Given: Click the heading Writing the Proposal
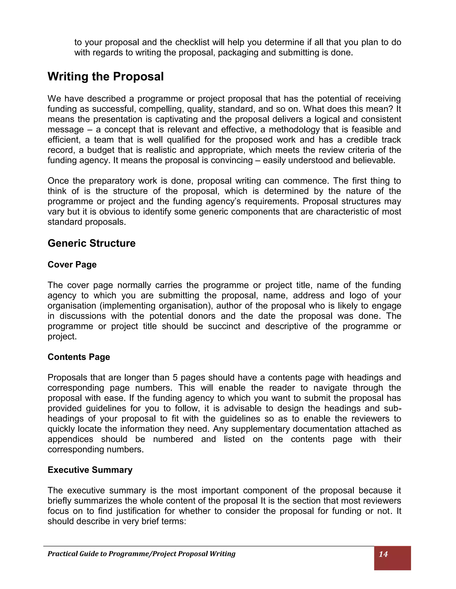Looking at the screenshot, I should pyautogui.click(x=106, y=77).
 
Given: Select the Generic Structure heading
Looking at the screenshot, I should pyautogui.click(x=92, y=243).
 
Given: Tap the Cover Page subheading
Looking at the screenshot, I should pyautogui.click(x=72, y=264).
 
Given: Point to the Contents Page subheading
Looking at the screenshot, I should pyautogui.click(x=79, y=357).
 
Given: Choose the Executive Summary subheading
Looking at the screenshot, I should pyautogui.click(x=90, y=470).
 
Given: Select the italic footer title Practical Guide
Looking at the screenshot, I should pyautogui.click(x=141, y=554).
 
